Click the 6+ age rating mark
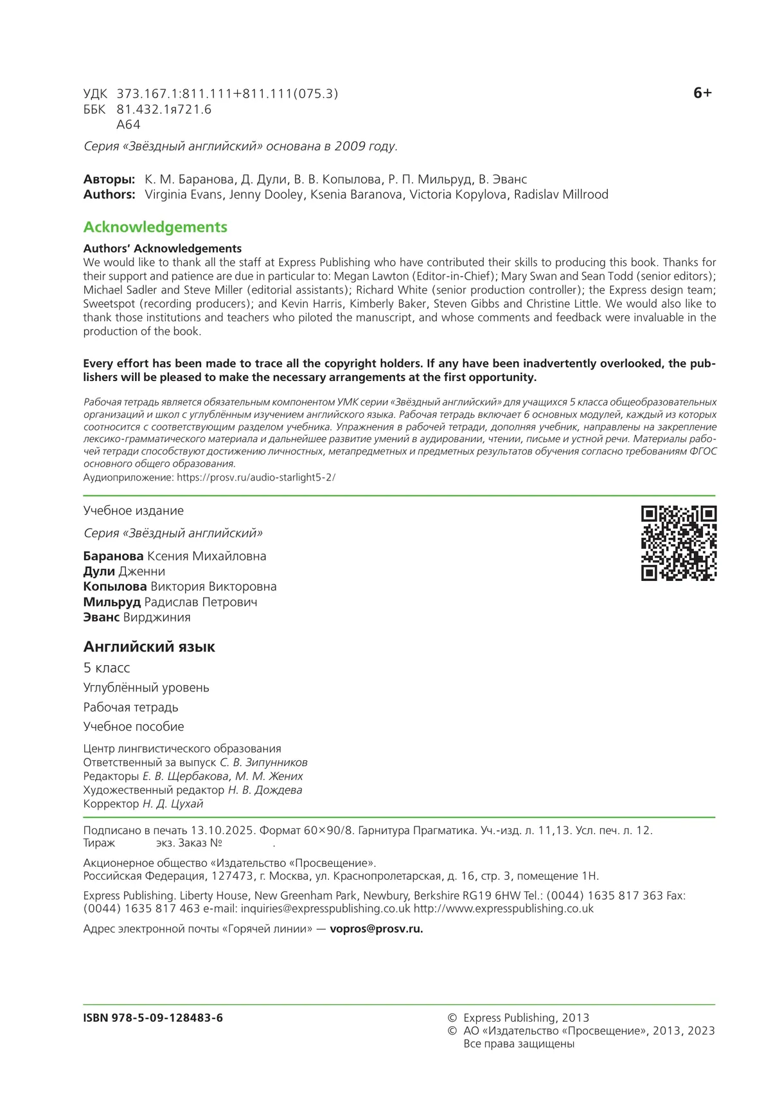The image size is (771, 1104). tap(702, 93)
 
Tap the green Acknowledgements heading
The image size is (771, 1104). tap(155, 227)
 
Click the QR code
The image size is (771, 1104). tap(678, 543)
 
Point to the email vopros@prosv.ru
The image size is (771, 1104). tap(376, 929)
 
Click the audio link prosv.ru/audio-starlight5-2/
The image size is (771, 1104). tap(256, 477)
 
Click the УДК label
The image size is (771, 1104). tap(95, 94)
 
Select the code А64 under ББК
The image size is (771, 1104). tap(128, 125)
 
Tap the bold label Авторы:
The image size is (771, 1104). tap(109, 179)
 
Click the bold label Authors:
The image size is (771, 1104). tap(109, 194)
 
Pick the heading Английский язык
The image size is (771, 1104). tap(149, 646)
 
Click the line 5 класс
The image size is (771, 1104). tap(107, 668)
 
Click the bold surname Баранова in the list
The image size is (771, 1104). tap(113, 556)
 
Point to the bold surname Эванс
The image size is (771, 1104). tap(102, 617)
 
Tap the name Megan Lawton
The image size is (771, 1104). tap(371, 276)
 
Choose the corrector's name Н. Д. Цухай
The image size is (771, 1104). tap(173, 803)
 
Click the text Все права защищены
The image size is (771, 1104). tap(518, 1044)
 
